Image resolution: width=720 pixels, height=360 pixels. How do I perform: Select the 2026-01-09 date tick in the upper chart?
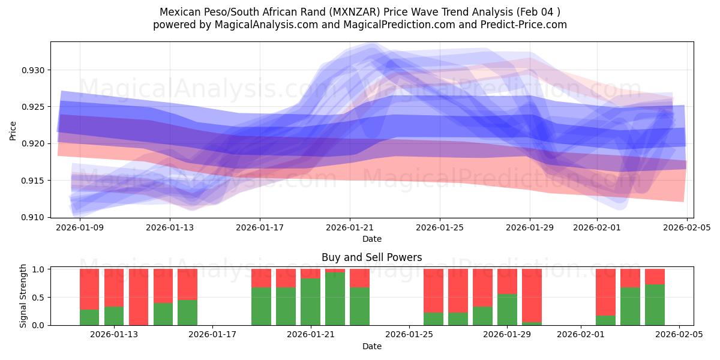pyautogui.click(x=79, y=227)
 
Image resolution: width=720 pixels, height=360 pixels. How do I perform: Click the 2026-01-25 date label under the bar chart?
pyautogui.click(x=409, y=335)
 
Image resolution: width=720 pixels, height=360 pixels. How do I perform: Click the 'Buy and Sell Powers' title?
pyautogui.click(x=371, y=257)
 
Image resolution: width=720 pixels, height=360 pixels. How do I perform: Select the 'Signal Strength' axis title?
pyautogui.click(x=23, y=296)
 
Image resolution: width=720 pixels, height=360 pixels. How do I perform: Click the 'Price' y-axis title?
pyautogui.click(x=13, y=130)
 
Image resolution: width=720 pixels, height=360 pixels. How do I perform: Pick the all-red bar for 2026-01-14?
pyautogui.click(x=139, y=297)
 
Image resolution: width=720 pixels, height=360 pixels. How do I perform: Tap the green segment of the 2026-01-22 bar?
pyautogui.click(x=335, y=299)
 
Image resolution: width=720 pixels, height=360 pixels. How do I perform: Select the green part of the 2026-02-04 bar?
pyautogui.click(x=655, y=305)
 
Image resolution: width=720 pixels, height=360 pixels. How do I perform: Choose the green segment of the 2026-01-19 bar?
pyautogui.click(x=262, y=306)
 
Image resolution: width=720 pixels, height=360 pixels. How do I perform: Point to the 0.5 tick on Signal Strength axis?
pyautogui.click(x=40, y=298)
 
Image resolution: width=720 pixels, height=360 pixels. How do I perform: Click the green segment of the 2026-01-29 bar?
pyautogui.click(x=507, y=310)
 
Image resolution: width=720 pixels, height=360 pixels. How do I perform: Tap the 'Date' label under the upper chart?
pyautogui.click(x=371, y=239)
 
